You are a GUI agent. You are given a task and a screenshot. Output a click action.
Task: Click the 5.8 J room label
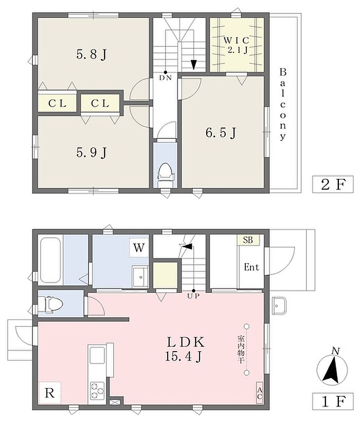click(92, 55)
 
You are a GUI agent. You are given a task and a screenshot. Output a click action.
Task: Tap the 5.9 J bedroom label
click(92, 153)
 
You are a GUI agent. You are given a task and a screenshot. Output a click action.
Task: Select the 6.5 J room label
click(221, 133)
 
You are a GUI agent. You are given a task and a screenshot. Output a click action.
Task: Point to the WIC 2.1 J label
click(237, 45)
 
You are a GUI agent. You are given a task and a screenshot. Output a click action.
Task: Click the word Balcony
click(283, 105)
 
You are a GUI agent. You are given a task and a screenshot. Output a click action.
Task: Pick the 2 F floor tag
click(333, 184)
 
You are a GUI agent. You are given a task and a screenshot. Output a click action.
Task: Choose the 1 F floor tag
click(333, 401)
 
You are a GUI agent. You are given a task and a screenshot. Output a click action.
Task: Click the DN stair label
click(165, 78)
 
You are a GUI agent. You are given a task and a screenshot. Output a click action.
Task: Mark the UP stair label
click(193, 297)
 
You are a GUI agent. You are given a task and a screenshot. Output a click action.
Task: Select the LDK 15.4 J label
click(185, 349)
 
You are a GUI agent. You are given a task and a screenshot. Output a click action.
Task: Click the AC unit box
click(260, 393)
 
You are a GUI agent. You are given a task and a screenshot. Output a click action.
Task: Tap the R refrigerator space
click(50, 393)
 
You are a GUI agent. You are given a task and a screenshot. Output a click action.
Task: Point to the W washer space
click(139, 248)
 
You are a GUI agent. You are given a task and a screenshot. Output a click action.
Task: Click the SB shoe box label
click(248, 240)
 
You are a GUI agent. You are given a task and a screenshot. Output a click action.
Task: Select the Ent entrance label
click(251, 267)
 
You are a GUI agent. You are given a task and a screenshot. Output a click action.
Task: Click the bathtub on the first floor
click(50, 261)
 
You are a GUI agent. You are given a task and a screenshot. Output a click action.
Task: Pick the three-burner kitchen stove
click(97, 391)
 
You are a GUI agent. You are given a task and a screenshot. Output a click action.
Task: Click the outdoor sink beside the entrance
click(279, 305)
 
